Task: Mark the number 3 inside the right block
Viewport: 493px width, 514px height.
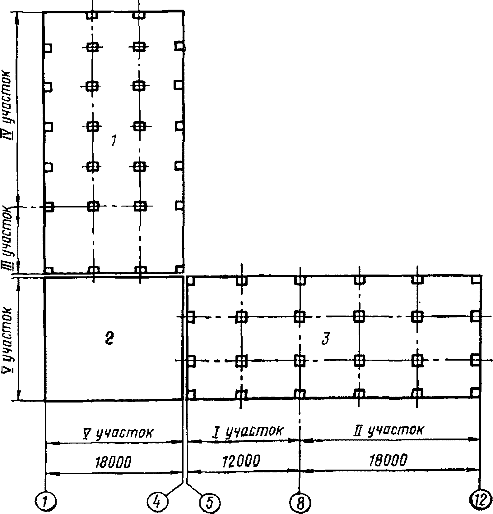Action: point(326,339)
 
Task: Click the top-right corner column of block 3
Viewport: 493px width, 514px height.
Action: point(476,280)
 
